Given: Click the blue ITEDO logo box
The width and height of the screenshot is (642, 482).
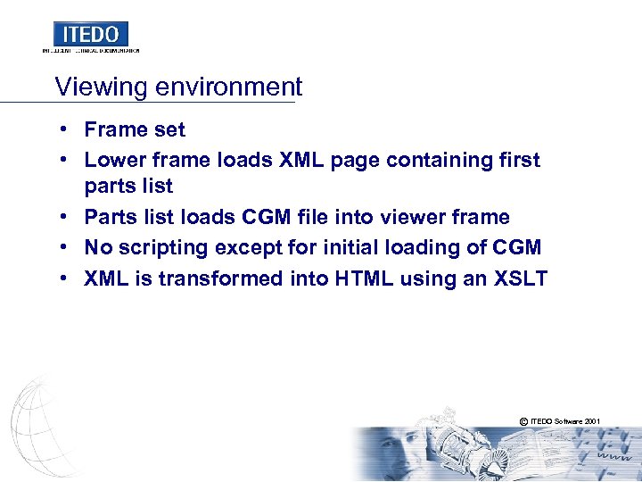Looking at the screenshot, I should pyautogui.click(x=91, y=34).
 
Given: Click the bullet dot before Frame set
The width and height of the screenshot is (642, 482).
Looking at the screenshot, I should pyautogui.click(x=66, y=129).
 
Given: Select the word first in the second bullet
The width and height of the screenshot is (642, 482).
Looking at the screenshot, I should pyautogui.click(x=521, y=160).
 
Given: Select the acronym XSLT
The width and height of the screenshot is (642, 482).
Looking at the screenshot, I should pyautogui.click(x=519, y=278).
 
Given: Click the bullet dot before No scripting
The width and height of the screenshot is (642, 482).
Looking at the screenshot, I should pyautogui.click(x=66, y=247).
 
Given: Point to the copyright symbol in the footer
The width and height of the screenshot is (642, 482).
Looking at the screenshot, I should pyautogui.click(x=522, y=420).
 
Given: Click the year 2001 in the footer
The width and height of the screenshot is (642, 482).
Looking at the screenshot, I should pyautogui.click(x=592, y=420).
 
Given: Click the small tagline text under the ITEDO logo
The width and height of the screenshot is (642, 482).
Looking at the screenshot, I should pyautogui.click(x=91, y=51).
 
